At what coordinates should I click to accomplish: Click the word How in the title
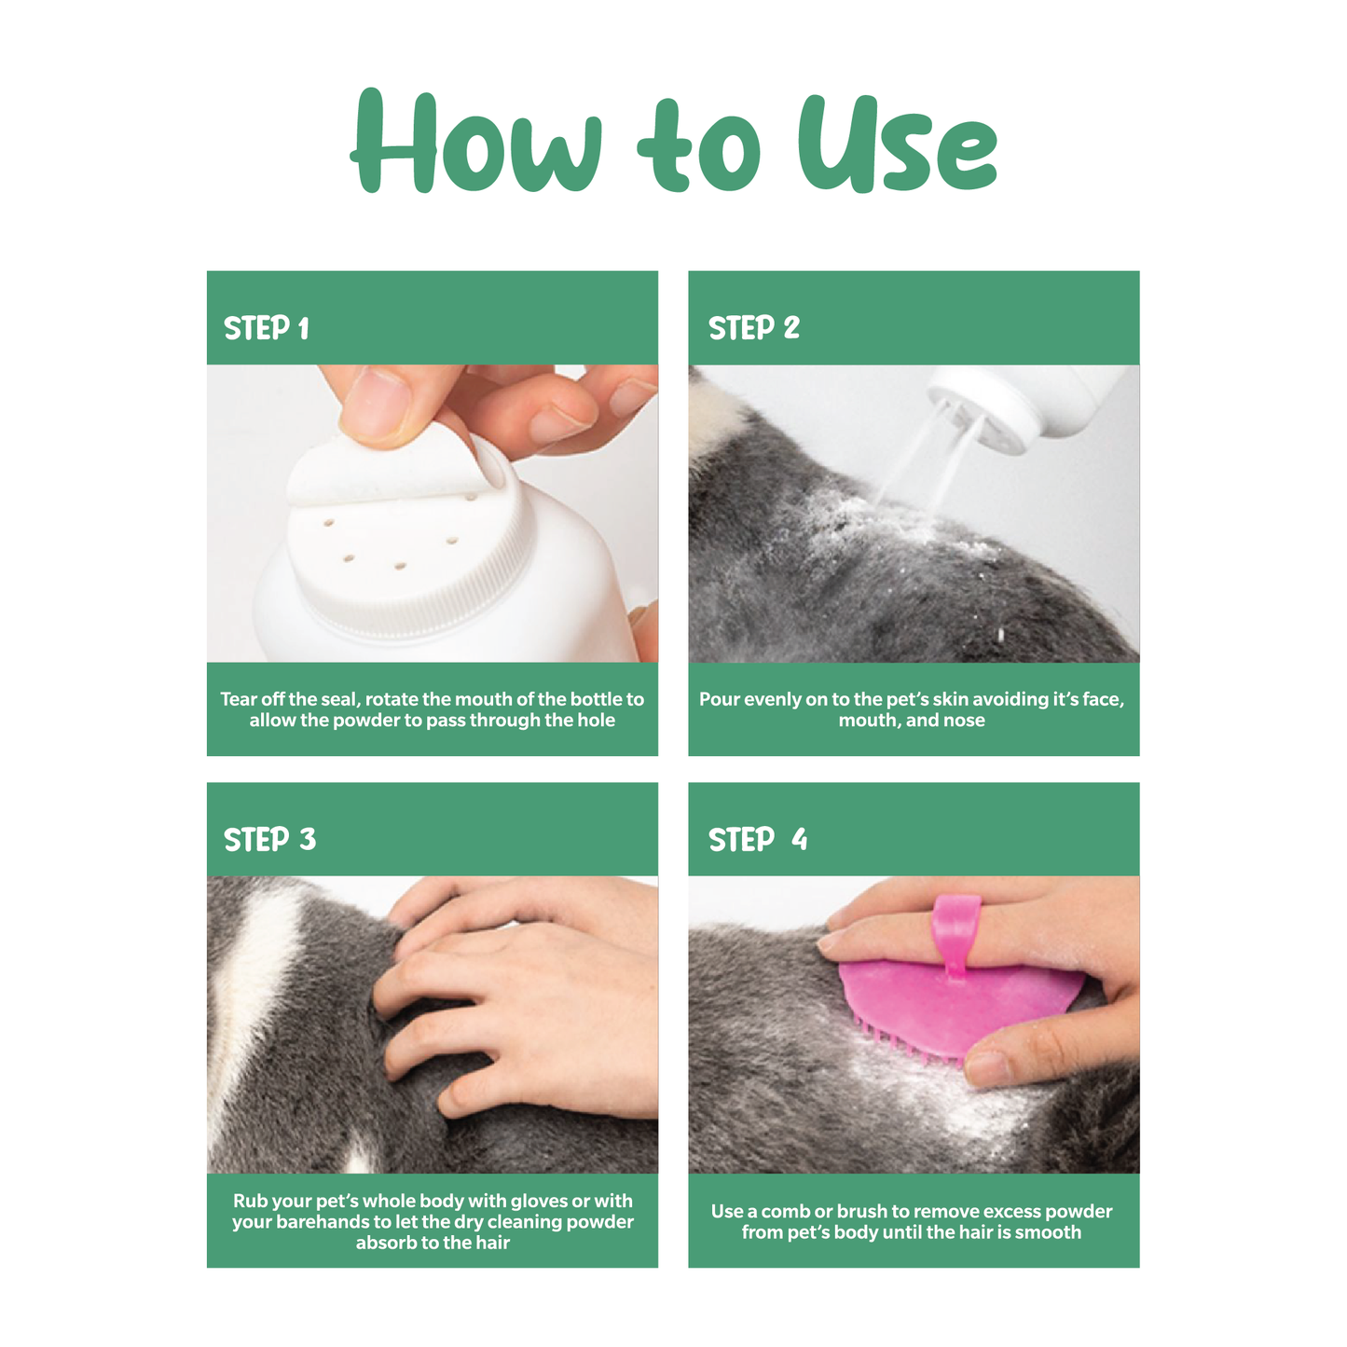[475, 140]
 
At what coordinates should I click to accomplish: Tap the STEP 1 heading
[267, 328]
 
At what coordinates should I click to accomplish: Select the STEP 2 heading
[753, 328]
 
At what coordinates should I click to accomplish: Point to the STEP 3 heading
[269, 840]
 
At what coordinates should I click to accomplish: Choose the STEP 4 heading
[758, 840]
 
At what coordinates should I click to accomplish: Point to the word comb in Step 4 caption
[786, 1212]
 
